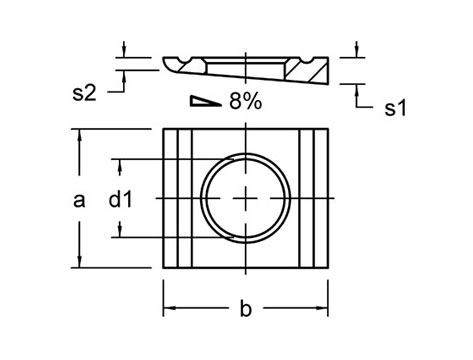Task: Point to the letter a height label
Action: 80,199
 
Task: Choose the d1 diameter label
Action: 121,200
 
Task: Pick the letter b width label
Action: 246,309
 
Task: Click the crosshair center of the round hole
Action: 246,198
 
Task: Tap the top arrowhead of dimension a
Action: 77,134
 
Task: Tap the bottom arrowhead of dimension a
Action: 77,262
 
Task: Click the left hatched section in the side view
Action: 193,67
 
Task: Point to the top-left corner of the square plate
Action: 163,129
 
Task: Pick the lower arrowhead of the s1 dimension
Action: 357,87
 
